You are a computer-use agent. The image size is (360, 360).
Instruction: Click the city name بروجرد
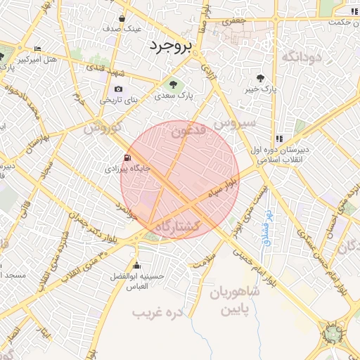(x=170, y=46)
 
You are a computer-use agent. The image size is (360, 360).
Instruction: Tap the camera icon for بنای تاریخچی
(x=118, y=89)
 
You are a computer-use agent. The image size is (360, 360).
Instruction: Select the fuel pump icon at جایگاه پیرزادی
(x=127, y=157)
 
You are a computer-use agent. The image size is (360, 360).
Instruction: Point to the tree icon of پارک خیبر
(x=261, y=78)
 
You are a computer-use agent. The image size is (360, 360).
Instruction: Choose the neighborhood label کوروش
(x=103, y=129)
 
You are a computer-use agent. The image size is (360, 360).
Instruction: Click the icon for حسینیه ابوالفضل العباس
(x=136, y=265)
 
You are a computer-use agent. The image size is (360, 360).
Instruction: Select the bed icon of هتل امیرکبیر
(x=37, y=49)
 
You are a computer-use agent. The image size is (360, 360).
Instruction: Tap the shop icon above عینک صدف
(x=123, y=19)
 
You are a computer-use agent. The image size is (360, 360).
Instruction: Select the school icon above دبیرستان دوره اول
(x=279, y=139)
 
